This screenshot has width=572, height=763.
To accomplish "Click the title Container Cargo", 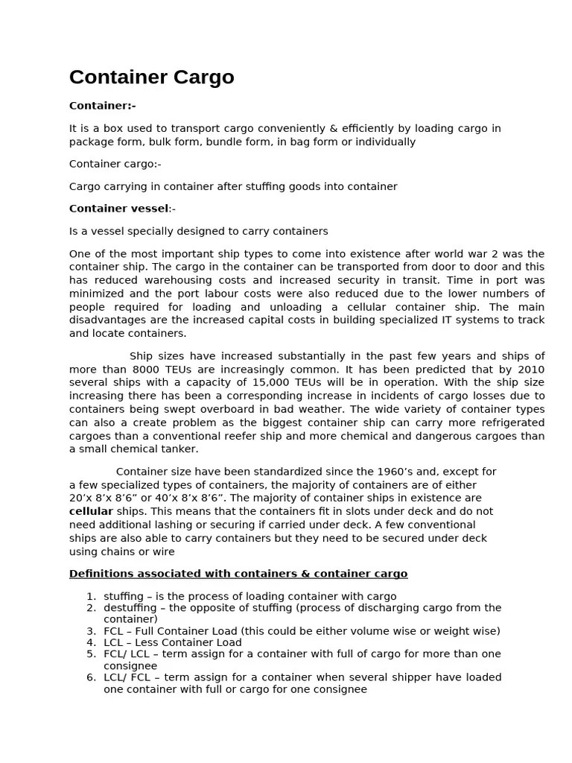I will pos(151,77).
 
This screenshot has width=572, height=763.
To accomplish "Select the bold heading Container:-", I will pos(102,106).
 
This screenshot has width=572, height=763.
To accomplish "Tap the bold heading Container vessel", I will pos(118,209).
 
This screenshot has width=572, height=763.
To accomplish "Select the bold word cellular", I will pos(91,512).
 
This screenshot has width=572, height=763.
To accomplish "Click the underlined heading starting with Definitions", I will pos(238,574).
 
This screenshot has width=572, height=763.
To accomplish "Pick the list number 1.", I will pos(90,596).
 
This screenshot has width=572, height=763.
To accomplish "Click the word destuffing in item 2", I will pos(130,608).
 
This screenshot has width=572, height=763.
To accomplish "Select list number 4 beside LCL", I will pos(90,642).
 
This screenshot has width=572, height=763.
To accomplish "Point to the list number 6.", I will pos(90,677).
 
